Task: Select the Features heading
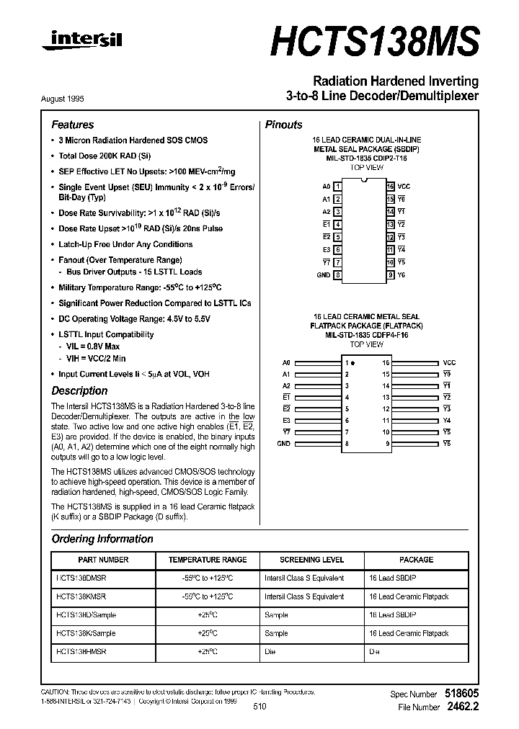point(72,125)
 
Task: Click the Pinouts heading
point(284,125)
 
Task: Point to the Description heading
point(79,390)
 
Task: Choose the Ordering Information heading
point(102,539)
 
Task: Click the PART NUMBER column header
point(102,560)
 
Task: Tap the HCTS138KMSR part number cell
point(81,596)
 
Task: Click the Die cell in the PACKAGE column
point(374,653)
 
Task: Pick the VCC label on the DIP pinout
point(404,186)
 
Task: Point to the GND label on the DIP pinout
point(324,275)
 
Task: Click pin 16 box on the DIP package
point(390,186)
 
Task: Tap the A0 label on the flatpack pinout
point(286,363)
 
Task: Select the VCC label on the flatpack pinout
point(450,363)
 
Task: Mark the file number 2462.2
point(462,707)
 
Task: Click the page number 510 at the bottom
point(259,707)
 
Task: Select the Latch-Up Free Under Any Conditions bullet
point(125,244)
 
